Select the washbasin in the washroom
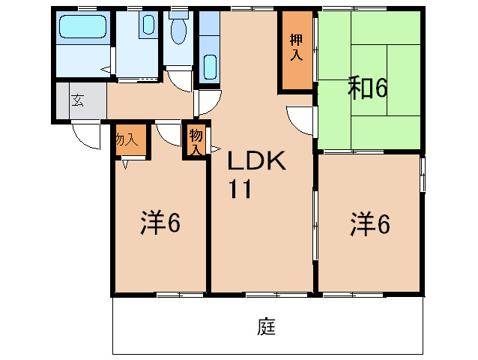tap(148, 25)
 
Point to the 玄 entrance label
tap(78, 100)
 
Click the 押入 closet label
tap(296, 48)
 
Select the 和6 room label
tap(367, 89)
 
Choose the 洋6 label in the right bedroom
tap(370, 223)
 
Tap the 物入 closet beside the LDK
tap(196, 141)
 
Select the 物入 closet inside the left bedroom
tap(127, 139)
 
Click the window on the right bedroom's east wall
tap(422, 175)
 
